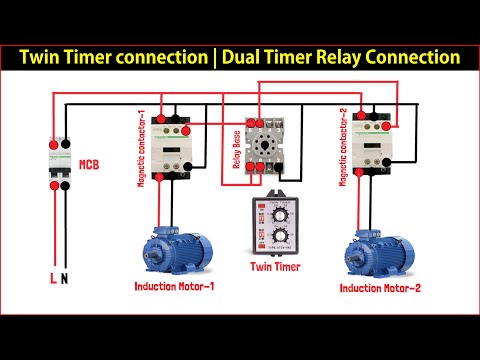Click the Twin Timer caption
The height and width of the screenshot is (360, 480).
click(x=276, y=267)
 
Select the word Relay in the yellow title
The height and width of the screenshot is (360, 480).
click(x=343, y=57)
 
